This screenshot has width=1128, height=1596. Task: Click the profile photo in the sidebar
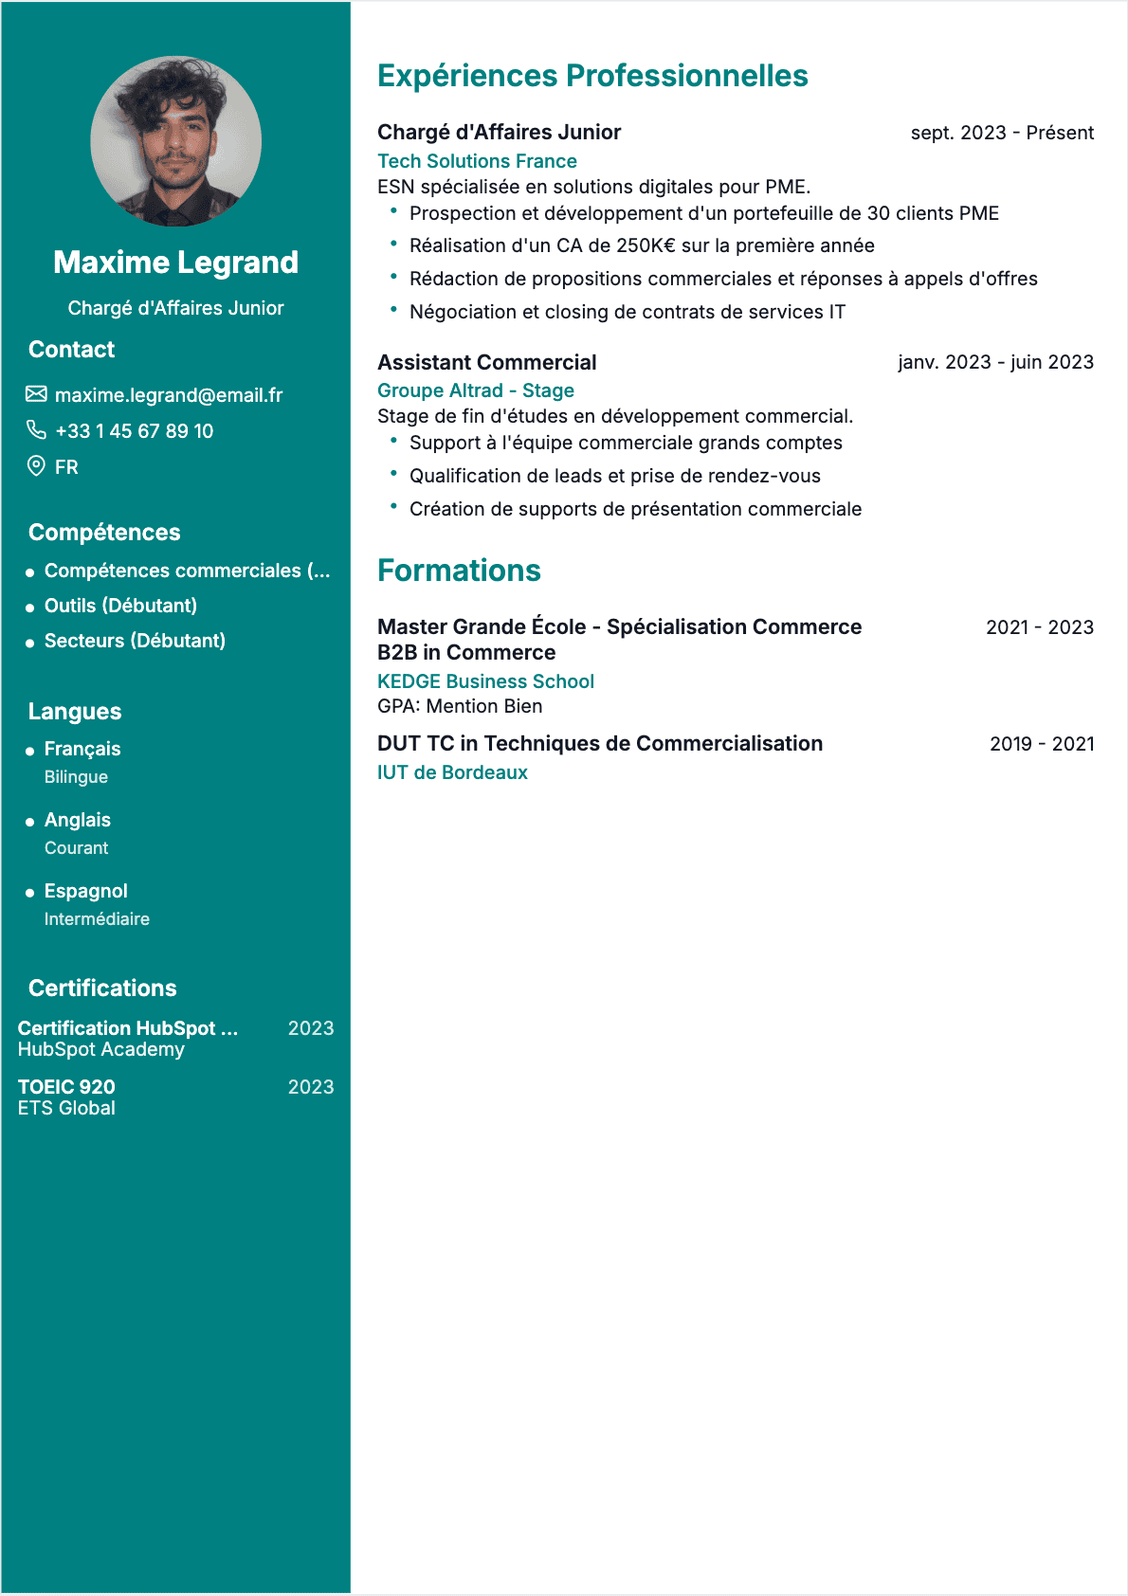click(175, 141)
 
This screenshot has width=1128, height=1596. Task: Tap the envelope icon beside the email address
click(36, 394)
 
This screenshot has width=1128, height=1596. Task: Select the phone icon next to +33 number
click(36, 430)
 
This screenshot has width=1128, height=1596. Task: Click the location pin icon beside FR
click(36, 466)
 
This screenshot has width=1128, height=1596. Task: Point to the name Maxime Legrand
click(175, 263)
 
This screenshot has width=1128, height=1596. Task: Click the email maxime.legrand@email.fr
click(169, 395)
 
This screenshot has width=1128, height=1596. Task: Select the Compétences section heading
click(104, 533)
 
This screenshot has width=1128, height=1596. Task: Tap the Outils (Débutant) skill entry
click(120, 606)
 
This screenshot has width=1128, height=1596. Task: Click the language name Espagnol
click(85, 891)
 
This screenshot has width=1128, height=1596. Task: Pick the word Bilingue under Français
click(76, 777)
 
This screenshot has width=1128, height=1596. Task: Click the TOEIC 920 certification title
click(66, 1087)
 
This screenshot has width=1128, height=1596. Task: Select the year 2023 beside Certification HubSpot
click(311, 1028)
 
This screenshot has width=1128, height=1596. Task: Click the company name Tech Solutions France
click(477, 161)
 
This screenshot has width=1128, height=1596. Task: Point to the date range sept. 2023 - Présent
click(1002, 133)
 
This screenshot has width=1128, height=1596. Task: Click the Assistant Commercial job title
click(487, 362)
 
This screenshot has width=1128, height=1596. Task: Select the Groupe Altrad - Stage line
click(476, 390)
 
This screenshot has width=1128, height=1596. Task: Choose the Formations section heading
click(459, 571)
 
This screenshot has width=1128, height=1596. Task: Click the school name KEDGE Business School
click(485, 681)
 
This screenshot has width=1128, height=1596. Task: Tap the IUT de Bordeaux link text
click(452, 772)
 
